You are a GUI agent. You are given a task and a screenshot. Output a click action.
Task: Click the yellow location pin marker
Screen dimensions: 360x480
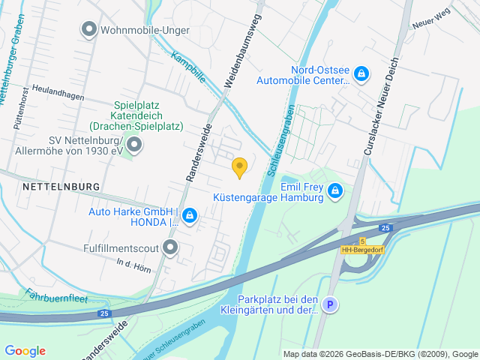(x=240, y=167)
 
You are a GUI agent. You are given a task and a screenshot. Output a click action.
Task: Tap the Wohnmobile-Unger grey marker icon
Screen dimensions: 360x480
(x=88, y=30)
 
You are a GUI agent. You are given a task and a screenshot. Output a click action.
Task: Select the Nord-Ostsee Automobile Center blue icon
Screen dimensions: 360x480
(x=362, y=73)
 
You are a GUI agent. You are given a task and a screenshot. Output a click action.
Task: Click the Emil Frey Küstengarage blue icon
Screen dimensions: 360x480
(x=335, y=192)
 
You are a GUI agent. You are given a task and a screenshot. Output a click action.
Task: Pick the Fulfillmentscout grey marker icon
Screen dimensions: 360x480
(x=171, y=246)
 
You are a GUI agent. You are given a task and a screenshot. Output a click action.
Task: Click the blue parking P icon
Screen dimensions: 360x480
(x=330, y=304)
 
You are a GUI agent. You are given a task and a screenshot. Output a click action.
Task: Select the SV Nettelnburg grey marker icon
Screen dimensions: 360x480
(x=134, y=145)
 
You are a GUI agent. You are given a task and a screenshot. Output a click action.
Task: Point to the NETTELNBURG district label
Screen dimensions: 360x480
(x=61, y=185)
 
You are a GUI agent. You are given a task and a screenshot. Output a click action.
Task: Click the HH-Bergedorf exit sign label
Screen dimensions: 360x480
(x=363, y=250)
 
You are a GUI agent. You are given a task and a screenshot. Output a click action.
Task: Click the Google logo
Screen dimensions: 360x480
(x=25, y=350)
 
